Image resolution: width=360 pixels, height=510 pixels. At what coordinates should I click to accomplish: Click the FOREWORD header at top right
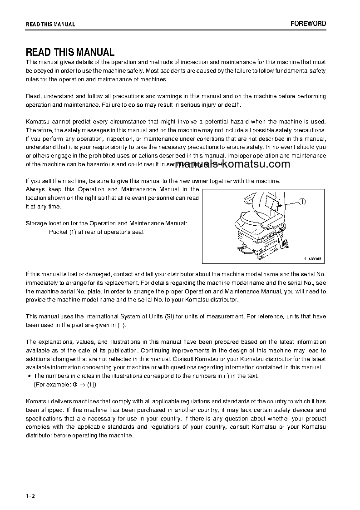coord(308,24)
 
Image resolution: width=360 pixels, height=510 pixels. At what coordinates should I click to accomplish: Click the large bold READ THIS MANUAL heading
coord(70,52)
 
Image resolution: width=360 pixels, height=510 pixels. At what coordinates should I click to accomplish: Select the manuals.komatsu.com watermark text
coord(232,164)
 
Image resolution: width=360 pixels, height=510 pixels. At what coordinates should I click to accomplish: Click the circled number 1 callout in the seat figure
coord(303,202)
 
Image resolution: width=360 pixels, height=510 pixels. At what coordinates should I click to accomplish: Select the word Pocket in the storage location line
coord(58,232)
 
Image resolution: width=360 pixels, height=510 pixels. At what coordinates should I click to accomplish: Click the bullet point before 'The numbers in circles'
coord(29,376)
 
